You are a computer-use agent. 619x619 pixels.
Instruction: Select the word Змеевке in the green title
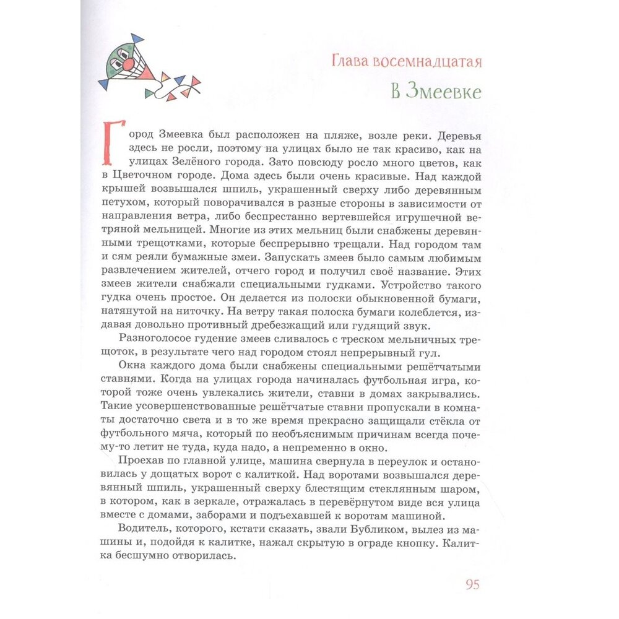click(446, 92)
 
